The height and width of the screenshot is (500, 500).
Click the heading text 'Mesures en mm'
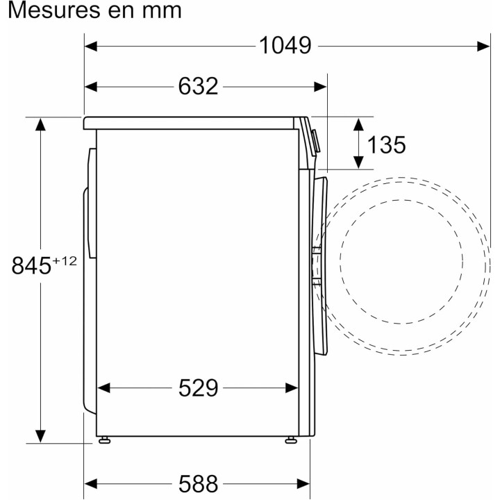tap(92, 11)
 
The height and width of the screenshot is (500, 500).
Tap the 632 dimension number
tap(198, 86)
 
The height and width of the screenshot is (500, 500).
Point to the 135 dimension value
tap(385, 144)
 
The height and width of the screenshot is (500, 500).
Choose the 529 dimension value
tap(198, 387)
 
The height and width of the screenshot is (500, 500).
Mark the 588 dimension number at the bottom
tap(198, 483)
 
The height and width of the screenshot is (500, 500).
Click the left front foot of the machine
tap(104, 439)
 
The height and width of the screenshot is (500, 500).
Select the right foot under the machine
tap(291, 439)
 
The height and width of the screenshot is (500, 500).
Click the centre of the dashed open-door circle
tap(401, 258)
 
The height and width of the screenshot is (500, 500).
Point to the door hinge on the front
tap(316, 264)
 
